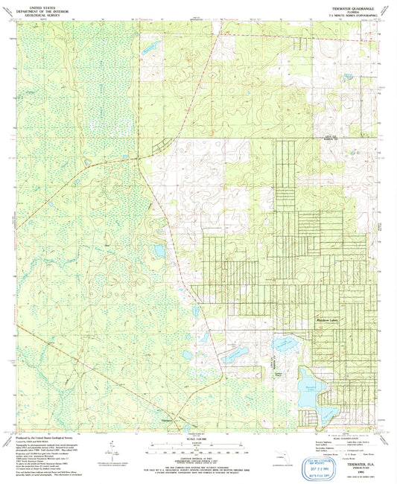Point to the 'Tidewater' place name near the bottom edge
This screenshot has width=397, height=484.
(168, 418)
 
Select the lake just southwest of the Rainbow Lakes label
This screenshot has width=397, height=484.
(284, 343)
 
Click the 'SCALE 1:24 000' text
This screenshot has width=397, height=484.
(197, 438)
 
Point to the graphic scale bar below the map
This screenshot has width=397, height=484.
(197, 448)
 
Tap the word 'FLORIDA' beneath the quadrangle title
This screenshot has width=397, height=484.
(355, 12)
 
